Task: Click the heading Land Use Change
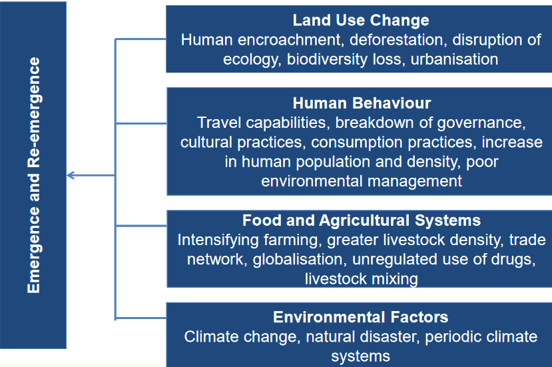[x=361, y=20]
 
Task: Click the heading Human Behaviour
[x=362, y=104]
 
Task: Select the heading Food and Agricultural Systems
[x=361, y=220]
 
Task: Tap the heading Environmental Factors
[x=360, y=317]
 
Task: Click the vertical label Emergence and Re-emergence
[x=34, y=175]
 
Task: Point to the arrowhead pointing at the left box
[x=71, y=176]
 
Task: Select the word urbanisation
[x=454, y=59]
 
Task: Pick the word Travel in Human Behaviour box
[x=216, y=123]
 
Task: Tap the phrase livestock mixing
[x=361, y=278]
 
